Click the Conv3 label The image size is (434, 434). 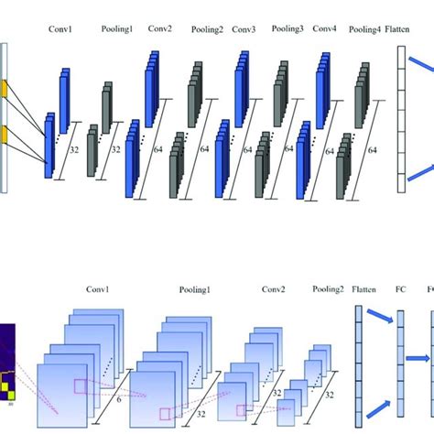(244, 28)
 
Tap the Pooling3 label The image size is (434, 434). (288, 28)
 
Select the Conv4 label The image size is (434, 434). (325, 28)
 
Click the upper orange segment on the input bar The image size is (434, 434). (4, 89)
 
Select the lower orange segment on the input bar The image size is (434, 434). (4, 135)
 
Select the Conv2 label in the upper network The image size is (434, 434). (162, 28)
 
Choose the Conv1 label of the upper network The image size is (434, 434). (62, 28)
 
